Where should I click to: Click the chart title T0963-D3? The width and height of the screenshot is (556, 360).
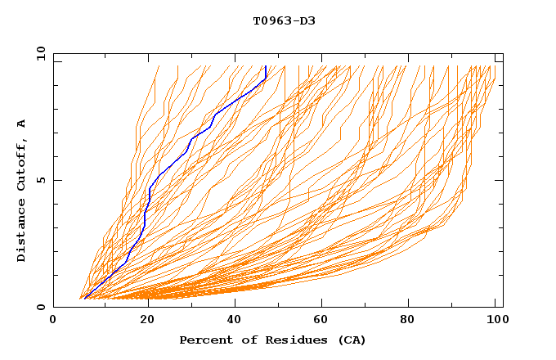(x=284, y=20)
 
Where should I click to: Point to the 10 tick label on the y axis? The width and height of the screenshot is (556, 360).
(x=40, y=53)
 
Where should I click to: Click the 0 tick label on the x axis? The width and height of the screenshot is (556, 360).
(x=53, y=320)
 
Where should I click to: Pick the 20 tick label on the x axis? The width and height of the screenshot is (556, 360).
(x=143, y=320)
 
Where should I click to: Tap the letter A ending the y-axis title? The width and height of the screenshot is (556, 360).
(x=21, y=124)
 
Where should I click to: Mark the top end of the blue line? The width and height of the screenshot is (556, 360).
(x=266, y=66)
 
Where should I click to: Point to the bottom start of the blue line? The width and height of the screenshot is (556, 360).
(x=84, y=299)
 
